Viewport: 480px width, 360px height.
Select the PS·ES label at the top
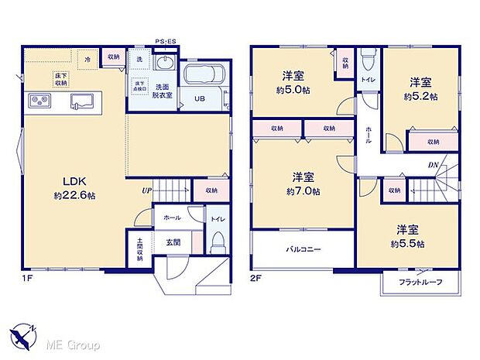coord(166,41)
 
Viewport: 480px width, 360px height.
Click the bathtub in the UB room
coord(204,77)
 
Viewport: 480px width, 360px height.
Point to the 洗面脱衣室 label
coord(163,90)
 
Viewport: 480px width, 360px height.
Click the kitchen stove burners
coord(40,101)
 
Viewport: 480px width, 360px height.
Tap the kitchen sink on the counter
coord(81,101)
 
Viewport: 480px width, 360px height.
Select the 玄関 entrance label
coord(173,242)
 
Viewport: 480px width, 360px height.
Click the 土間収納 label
coord(140,249)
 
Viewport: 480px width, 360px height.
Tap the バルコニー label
coord(303,249)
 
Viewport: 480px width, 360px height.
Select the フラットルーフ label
coord(420,282)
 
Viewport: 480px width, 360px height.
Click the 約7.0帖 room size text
coord(303,191)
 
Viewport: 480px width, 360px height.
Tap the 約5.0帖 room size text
coord(293,89)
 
